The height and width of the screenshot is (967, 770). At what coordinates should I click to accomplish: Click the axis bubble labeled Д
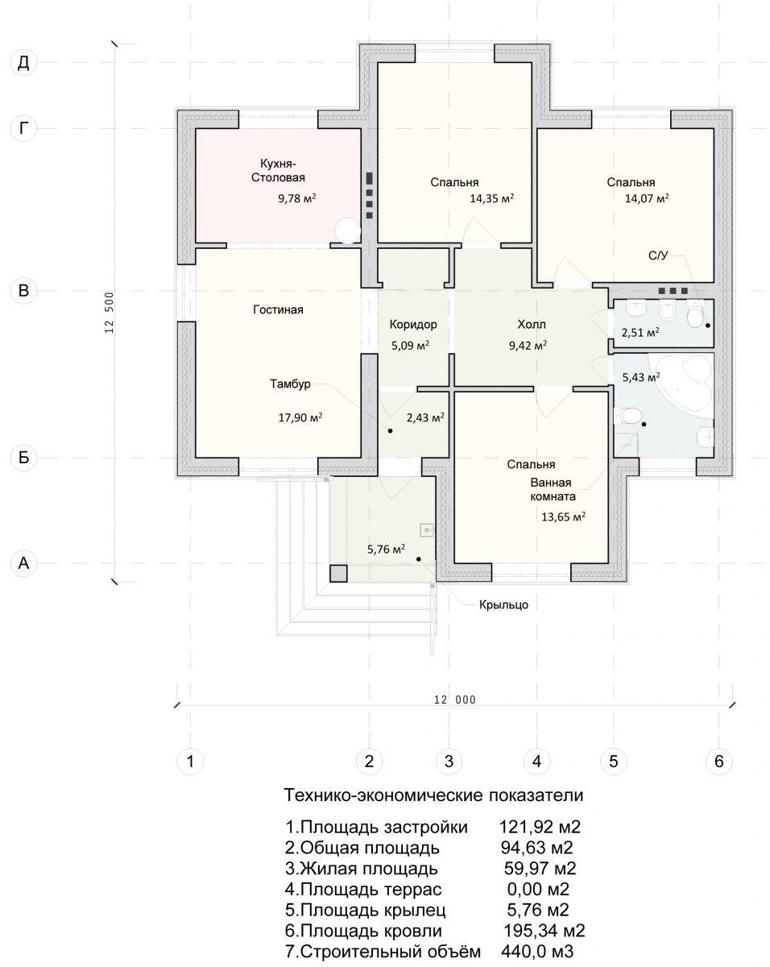point(23,63)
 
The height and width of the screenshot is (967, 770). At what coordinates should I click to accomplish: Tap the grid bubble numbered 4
point(537,762)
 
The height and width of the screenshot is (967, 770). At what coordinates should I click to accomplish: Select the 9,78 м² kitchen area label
point(297,198)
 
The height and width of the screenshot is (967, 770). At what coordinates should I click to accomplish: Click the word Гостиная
point(278,309)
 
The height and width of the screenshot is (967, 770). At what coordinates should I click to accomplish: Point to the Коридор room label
point(413,325)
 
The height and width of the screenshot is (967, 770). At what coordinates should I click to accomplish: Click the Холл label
point(532,325)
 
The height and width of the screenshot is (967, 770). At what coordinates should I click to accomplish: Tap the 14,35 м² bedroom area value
point(492,198)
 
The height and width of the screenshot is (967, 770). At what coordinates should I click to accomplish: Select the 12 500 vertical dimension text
point(110,313)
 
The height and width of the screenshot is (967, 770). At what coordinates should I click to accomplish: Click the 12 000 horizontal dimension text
point(454,699)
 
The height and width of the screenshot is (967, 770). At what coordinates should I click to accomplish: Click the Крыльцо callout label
point(503,605)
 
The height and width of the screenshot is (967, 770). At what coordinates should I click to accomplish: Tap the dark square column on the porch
point(338,574)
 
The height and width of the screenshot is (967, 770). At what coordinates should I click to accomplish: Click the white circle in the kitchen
point(347,231)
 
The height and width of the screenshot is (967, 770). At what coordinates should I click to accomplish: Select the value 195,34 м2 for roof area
point(544,930)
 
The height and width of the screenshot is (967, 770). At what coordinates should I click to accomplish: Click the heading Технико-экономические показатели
point(433,795)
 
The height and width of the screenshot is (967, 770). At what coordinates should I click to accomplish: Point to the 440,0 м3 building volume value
point(537,951)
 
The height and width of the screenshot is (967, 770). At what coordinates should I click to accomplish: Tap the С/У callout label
point(658,255)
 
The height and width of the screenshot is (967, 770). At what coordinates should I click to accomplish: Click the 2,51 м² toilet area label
point(640,333)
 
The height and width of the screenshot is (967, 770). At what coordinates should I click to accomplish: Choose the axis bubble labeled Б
point(23,458)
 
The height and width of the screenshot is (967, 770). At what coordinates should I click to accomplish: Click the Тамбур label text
point(290,384)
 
